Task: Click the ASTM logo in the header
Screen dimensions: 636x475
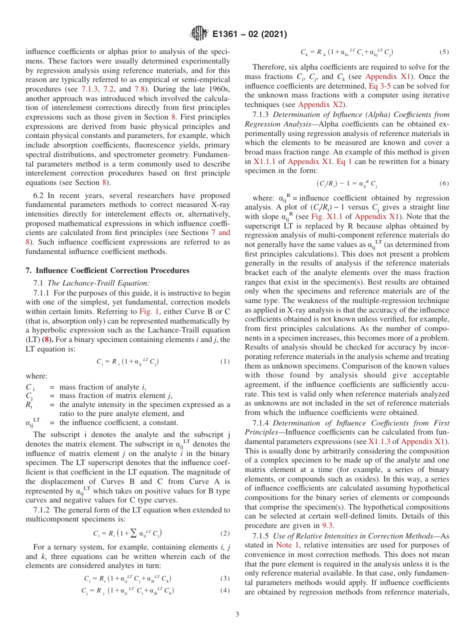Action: tap(199, 34)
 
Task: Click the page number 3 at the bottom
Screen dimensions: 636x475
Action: tap(237, 614)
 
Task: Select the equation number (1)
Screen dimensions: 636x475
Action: tap(224, 361)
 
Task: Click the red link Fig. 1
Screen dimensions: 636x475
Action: tap(149, 311)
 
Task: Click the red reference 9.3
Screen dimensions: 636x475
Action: tap(327, 525)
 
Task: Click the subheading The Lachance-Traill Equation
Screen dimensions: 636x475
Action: tap(97, 283)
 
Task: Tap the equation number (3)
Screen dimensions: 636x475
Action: tap(224, 578)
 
